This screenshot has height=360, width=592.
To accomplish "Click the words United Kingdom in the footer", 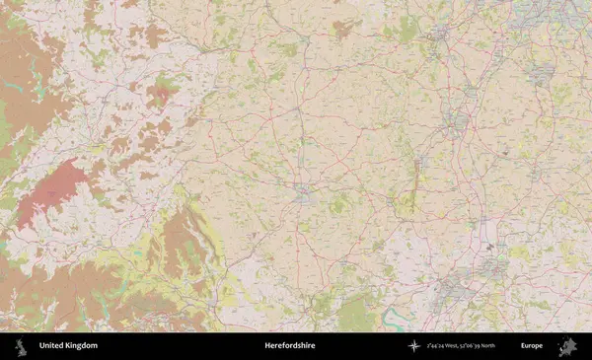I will coord(68,346).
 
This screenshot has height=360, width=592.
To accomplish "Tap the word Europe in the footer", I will coord(532,346).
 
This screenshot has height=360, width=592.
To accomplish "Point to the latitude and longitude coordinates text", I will coord(461,346).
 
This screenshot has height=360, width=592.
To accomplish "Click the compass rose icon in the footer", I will coord(414,346).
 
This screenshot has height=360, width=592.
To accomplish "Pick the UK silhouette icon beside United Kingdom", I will coord(21,346).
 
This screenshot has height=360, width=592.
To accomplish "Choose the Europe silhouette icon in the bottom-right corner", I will coord(566,346).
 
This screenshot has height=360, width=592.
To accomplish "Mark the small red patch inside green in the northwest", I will coord(160,94).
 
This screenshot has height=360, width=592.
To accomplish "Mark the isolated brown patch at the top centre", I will coord(344,29).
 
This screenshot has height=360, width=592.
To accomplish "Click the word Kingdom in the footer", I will coord(82,346).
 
